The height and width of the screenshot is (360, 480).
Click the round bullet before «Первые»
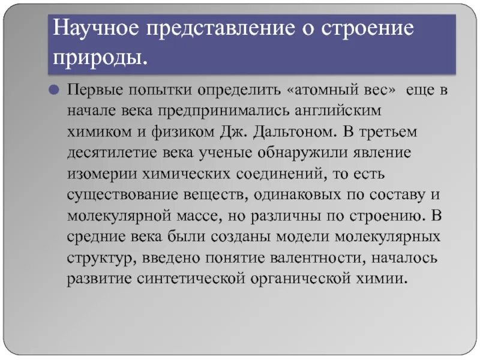point(53,90)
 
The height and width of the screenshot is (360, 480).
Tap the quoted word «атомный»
point(324,90)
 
